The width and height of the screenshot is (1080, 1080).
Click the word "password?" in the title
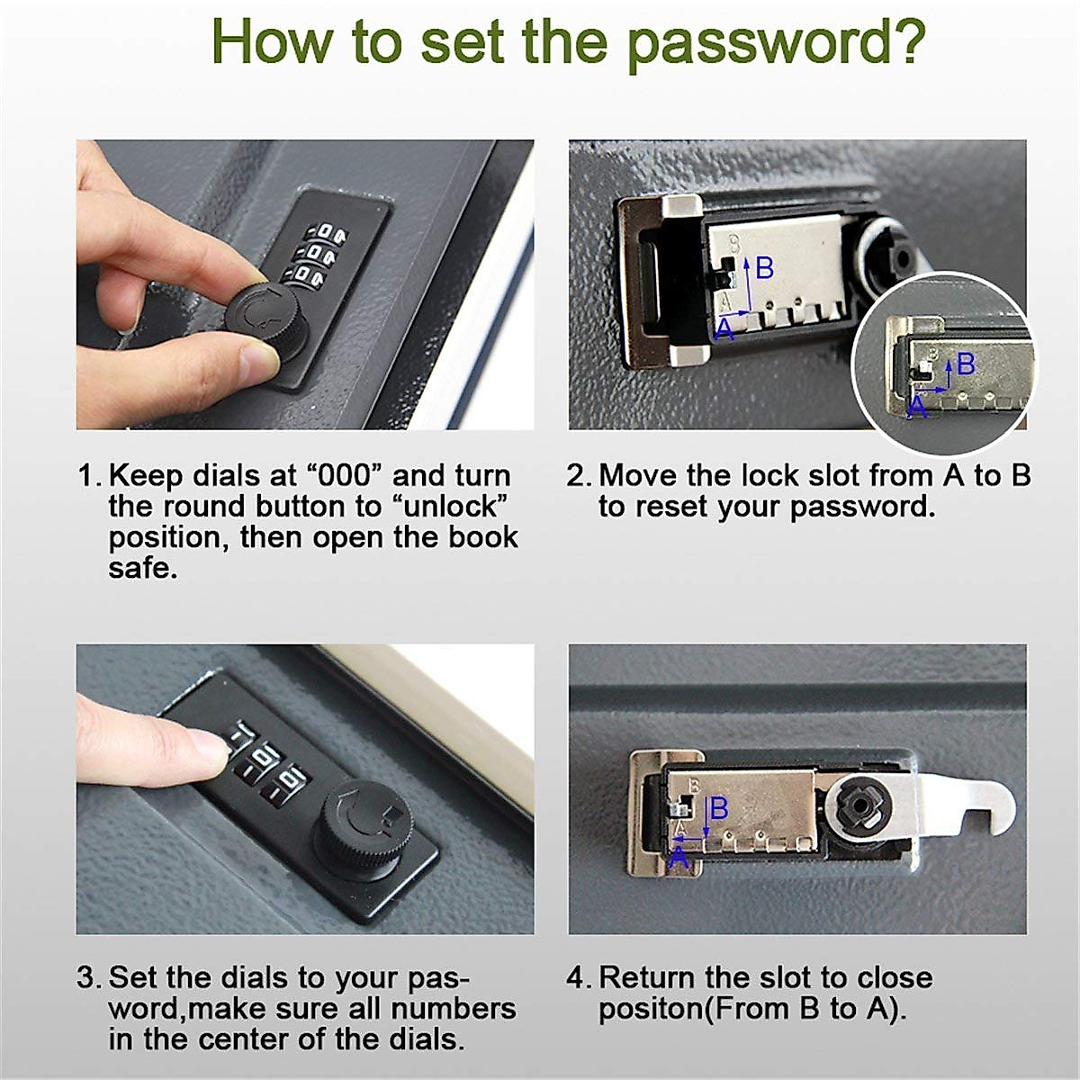pyautogui.click(x=776, y=45)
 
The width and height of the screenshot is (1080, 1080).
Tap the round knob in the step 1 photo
pyautogui.click(x=268, y=322)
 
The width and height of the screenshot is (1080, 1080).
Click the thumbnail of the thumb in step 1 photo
pyautogui.click(x=259, y=364)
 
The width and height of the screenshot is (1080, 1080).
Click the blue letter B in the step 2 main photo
pyautogui.click(x=764, y=268)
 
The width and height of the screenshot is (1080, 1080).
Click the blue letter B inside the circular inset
pyautogui.click(x=966, y=364)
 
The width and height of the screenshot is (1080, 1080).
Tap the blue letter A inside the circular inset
pyautogui.click(x=917, y=408)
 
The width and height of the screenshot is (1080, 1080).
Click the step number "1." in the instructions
pyautogui.click(x=90, y=476)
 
